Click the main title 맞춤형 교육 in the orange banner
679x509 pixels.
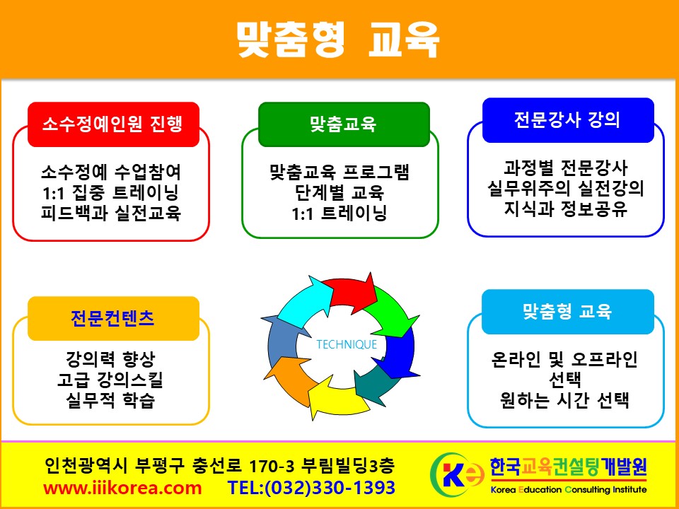tap(338, 40)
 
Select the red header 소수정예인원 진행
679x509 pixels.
tap(113, 124)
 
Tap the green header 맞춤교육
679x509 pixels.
tap(344, 124)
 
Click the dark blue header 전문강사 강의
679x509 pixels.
tap(568, 120)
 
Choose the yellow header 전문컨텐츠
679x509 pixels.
tap(113, 318)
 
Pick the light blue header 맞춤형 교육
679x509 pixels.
tap(568, 312)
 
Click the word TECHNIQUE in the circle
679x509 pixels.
tap(347, 344)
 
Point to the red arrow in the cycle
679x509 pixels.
tap(351, 291)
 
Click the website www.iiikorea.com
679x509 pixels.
tap(122, 488)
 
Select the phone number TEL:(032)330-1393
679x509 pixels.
tap(312, 488)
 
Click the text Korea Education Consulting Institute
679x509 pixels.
tap(569, 490)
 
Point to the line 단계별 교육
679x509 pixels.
tap(339, 192)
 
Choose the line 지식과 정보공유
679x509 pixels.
tap(566, 209)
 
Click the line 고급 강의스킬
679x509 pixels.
tap(110, 380)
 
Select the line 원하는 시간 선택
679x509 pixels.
tap(564, 399)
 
